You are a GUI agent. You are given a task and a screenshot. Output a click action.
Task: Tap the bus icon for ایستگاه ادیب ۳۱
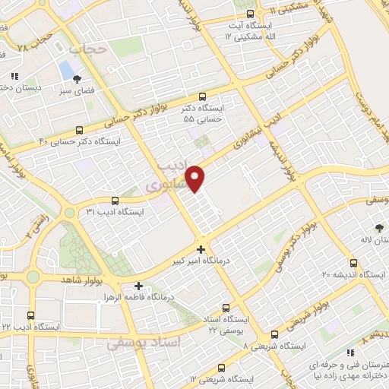click(x=115, y=201)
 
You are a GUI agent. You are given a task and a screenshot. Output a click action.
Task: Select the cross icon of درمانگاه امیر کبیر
click(x=201, y=249)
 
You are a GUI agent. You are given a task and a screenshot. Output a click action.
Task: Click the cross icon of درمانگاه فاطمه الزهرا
click(x=138, y=286)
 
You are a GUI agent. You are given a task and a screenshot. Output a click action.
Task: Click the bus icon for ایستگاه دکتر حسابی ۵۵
click(x=201, y=96)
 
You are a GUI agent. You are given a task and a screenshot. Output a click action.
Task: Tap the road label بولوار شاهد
click(x=62, y=280)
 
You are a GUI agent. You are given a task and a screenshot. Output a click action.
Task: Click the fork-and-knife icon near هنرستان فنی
click(x=349, y=353)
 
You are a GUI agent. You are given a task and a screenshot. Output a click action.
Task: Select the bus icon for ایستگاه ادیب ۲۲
click(x=30, y=315)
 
